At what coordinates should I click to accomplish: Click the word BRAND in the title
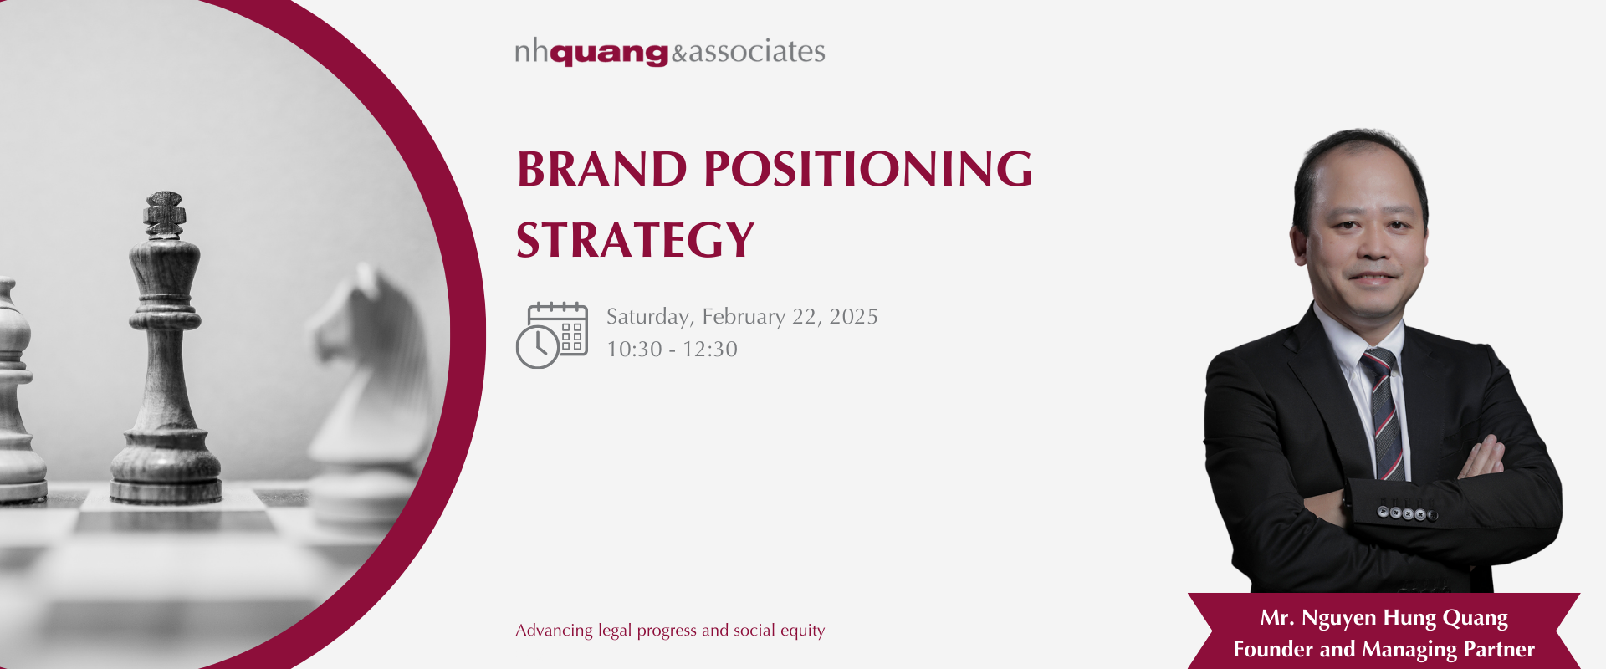tap(602, 169)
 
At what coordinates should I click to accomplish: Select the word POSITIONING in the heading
tap(868, 169)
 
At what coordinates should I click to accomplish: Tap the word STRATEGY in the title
tap(636, 240)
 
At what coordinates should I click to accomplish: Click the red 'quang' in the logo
tap(609, 54)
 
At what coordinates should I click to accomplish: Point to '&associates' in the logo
tap(748, 52)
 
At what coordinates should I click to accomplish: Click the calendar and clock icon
tap(552, 335)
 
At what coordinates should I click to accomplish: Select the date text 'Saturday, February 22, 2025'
tap(742, 317)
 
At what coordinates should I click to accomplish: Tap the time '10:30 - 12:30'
tap(672, 349)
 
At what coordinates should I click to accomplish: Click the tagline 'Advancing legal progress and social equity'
tap(670, 631)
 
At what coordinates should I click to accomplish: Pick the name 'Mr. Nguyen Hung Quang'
tap(1384, 618)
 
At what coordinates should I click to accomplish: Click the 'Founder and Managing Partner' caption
tap(1384, 650)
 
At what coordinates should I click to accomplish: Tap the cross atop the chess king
tap(165, 214)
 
